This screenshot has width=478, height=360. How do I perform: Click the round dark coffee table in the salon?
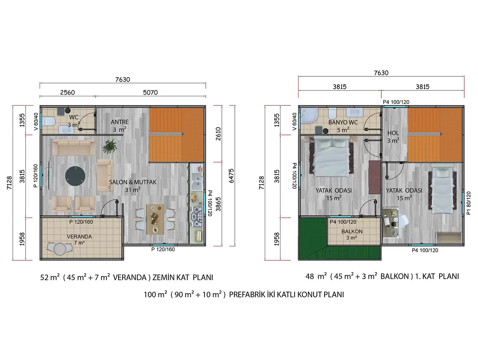[x=75, y=176]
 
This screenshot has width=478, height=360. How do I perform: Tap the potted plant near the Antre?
[x=109, y=146]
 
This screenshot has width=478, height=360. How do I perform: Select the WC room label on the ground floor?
[x=74, y=117]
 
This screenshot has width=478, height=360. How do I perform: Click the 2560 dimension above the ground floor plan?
[x=67, y=92]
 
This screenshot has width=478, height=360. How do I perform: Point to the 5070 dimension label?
[x=150, y=92]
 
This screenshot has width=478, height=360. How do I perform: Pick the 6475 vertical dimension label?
[x=231, y=176]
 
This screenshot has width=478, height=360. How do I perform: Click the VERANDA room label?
[x=79, y=236]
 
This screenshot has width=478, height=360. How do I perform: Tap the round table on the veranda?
[x=60, y=249]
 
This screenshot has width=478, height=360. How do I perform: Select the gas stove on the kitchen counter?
[x=197, y=217]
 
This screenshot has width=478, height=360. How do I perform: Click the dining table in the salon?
[x=155, y=219]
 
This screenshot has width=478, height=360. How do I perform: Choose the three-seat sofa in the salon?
[x=74, y=148]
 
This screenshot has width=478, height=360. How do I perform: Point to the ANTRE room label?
[x=119, y=122]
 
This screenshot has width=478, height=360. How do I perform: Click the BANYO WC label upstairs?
[x=343, y=122]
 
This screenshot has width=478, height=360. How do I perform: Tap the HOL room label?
[x=393, y=133]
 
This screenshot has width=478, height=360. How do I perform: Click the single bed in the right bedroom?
[x=442, y=189]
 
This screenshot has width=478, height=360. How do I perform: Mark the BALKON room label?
[x=352, y=231]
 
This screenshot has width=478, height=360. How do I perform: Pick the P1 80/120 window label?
[x=469, y=203]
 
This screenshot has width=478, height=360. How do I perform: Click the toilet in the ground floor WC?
[x=48, y=122]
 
